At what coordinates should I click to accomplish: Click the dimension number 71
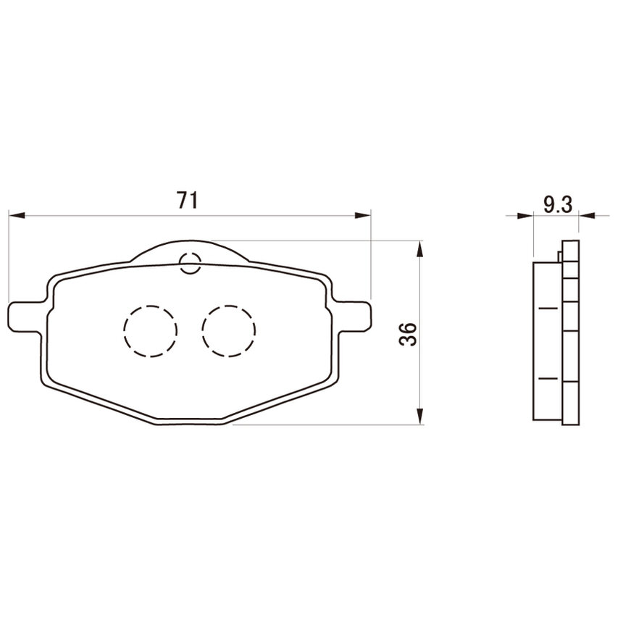188,200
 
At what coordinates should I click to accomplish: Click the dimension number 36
408,334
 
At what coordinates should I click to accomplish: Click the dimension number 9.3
558,204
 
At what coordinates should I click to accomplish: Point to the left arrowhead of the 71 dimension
17,215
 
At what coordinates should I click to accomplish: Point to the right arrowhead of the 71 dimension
362,215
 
